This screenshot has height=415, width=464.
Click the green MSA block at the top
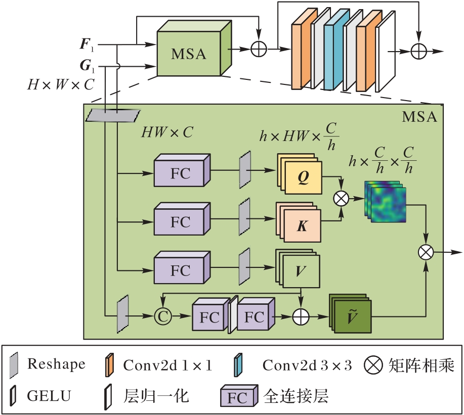[188, 53]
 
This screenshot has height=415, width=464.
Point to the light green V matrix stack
[300, 270]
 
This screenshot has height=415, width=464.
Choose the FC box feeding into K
[181, 221]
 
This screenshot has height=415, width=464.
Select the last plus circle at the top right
[419, 51]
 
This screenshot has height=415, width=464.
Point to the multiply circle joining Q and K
[342, 198]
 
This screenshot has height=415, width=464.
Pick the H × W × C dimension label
[61, 84]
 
